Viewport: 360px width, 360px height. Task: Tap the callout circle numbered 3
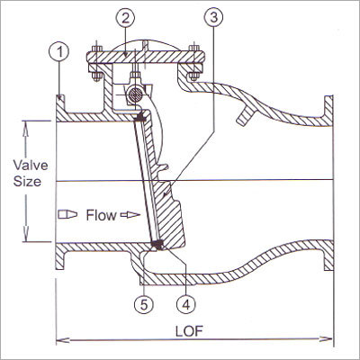click(x=212, y=19)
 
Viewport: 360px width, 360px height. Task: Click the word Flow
click(x=102, y=216)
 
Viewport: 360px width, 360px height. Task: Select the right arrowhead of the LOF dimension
click(x=330, y=340)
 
